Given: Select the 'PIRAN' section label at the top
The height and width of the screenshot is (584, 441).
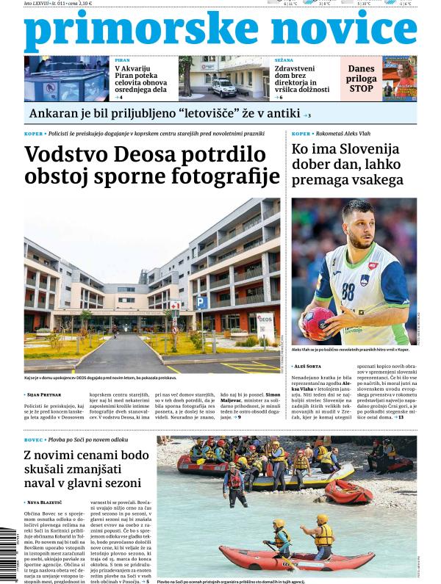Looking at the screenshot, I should click(x=122, y=60).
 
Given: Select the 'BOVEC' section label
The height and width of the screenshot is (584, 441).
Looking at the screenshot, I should click(x=34, y=439).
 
